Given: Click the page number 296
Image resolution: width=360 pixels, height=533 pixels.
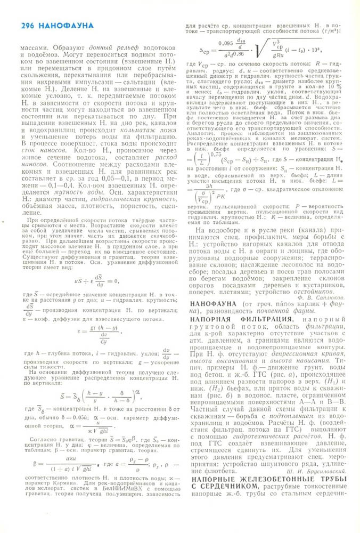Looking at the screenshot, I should click(29, 25).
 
